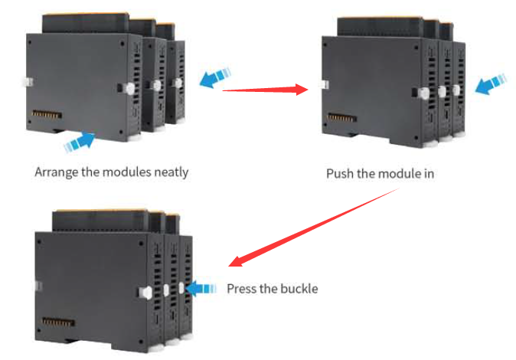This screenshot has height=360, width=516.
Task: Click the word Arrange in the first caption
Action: point(57,172)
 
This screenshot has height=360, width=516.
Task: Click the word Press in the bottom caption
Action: point(242,289)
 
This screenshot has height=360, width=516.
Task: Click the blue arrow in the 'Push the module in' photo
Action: point(490,84)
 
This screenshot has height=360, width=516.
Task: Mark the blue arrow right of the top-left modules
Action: point(217,77)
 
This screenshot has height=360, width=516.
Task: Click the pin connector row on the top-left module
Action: point(46,119)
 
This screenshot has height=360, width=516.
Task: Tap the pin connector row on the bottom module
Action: point(56,320)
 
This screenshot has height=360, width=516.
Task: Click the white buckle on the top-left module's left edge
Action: point(24,80)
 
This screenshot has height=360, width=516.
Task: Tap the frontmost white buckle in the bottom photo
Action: point(145,292)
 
